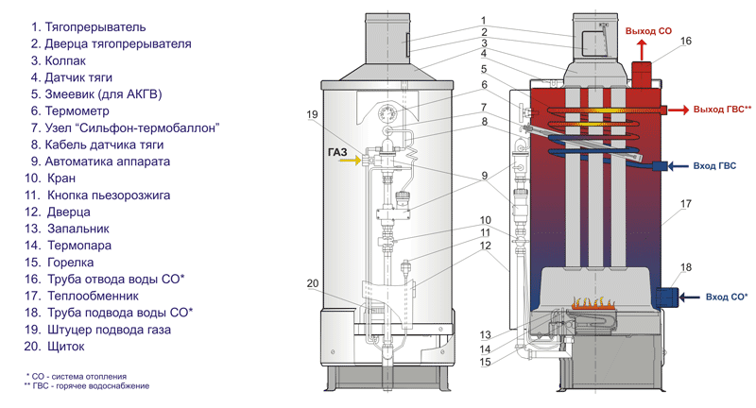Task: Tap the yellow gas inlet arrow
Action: click(x=347, y=161)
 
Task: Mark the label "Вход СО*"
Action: click(x=727, y=297)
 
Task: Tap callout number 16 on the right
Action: click(x=686, y=42)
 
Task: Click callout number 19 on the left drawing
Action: click(x=314, y=115)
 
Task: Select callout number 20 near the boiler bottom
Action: click(x=314, y=283)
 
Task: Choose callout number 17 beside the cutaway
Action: click(x=684, y=203)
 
